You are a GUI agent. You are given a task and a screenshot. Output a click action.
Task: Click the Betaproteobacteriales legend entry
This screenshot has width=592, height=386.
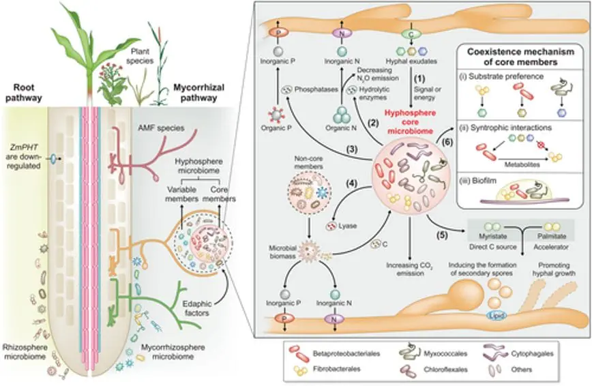pos(332,353)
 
